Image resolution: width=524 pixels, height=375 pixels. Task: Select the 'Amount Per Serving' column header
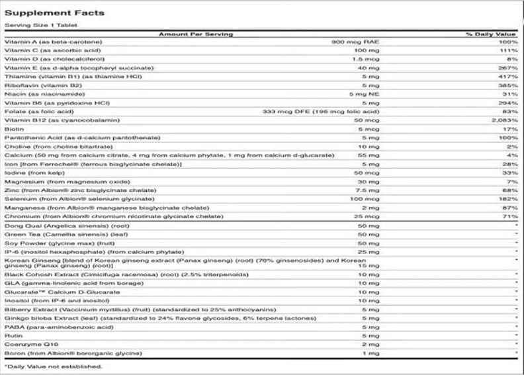tap(196, 33)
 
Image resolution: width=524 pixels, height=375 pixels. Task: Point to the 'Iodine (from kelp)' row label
tap(32, 172)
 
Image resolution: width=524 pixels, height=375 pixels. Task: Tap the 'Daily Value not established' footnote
tap(54, 366)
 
